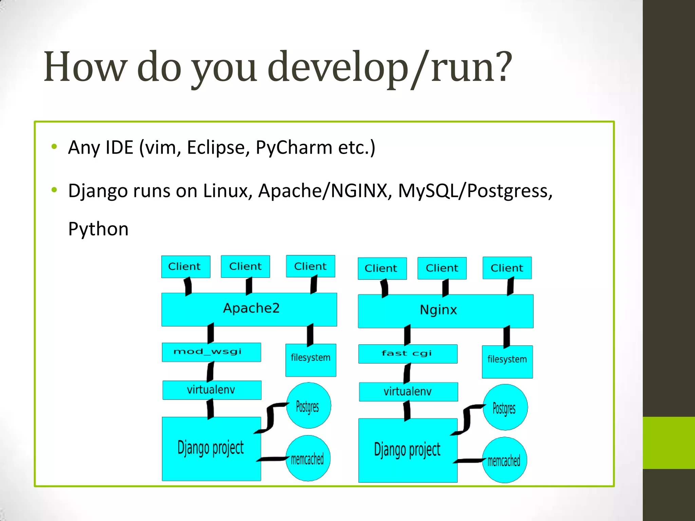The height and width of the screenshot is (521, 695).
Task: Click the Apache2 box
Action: (249, 309)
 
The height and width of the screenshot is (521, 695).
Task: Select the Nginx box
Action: (445, 311)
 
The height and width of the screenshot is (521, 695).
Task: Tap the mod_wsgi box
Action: (211, 352)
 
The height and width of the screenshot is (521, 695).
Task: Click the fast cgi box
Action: (408, 354)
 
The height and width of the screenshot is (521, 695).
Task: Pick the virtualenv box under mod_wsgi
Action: (211, 390)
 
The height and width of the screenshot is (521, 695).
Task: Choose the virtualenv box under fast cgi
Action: (408, 392)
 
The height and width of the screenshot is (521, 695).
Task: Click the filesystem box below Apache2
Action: (311, 360)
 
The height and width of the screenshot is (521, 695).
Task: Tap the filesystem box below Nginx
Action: (507, 362)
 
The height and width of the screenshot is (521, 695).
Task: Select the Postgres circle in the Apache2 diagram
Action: (308, 406)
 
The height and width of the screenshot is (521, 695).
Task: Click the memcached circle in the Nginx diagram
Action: (504, 460)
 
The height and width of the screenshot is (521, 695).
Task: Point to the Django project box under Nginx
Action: (408, 450)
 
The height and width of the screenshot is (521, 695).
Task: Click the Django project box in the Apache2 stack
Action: (211, 448)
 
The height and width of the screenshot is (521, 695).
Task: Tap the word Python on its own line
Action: (98, 229)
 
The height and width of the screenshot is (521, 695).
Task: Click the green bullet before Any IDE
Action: (54, 147)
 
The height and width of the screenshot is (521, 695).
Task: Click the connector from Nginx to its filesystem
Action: (506, 336)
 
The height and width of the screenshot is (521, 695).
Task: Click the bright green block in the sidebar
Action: (669, 443)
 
